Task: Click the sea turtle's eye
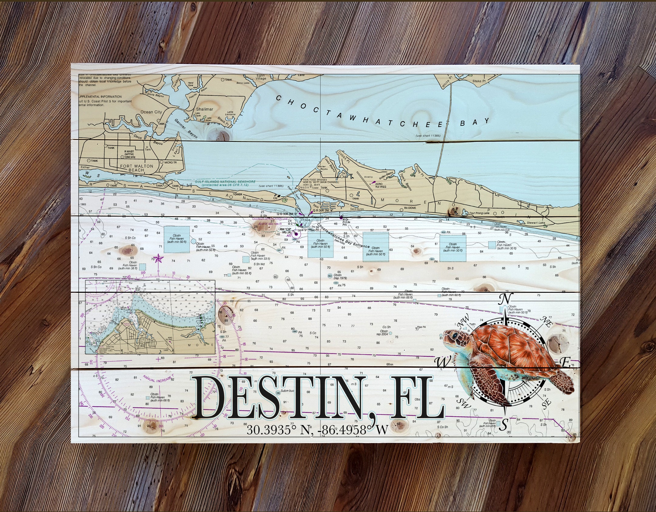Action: [x=455, y=336]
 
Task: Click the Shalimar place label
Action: [x=205, y=109]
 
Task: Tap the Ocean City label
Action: [x=151, y=112]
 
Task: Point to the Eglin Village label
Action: [x=261, y=77]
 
